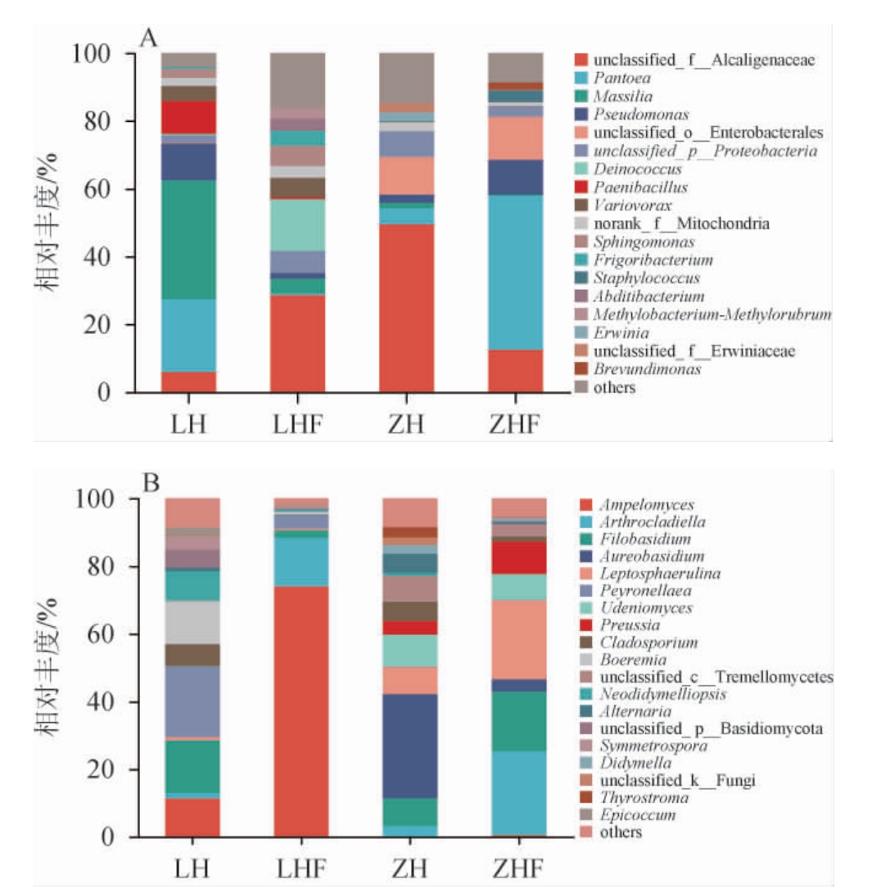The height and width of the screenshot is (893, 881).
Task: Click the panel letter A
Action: click(148, 38)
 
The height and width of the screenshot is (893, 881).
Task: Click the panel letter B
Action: click(151, 483)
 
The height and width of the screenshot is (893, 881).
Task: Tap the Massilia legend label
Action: click(616, 97)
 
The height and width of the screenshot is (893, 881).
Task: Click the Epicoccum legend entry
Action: click(626, 815)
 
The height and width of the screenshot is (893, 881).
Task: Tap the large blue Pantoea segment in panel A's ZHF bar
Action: click(516, 272)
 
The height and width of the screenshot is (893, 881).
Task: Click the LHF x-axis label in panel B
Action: click(300, 866)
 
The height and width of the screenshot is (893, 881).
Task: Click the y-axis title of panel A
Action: click(46, 223)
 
